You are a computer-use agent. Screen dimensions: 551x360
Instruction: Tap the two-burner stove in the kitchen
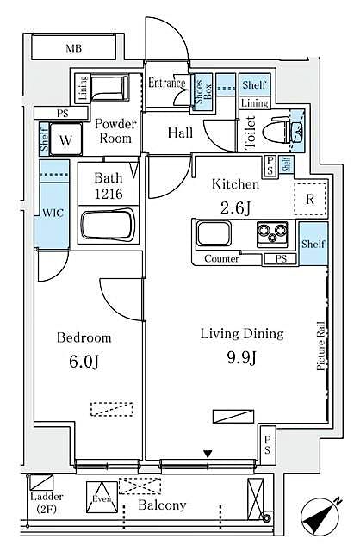pos(271,233)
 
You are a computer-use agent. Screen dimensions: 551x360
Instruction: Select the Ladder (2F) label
pos(43,503)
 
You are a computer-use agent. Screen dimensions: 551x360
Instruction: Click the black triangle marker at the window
pos(207,454)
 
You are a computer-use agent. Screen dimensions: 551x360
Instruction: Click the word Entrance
pos(167,84)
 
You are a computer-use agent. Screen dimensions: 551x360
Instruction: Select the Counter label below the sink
pos(221,259)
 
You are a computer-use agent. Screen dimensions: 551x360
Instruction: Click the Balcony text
pos(162,505)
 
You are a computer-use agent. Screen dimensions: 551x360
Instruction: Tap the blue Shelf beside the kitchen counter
pos(313,244)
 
